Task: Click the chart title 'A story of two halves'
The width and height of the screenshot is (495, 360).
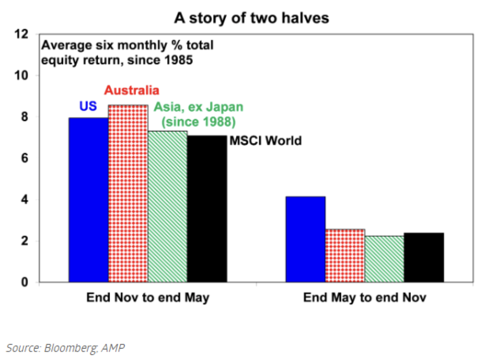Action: coord(252,18)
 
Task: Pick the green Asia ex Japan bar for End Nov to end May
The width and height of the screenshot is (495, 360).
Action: coord(168,206)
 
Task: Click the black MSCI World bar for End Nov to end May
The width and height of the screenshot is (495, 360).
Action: coord(207,209)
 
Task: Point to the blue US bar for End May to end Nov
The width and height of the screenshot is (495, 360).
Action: coord(306,239)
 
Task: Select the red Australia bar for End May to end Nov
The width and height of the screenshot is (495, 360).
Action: coord(345,255)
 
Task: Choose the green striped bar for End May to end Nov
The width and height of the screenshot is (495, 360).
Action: coord(384,259)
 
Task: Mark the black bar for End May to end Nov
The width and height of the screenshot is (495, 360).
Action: coord(424,257)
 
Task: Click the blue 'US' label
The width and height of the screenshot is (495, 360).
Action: coord(88,107)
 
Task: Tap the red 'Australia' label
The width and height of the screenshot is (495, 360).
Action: coord(132,90)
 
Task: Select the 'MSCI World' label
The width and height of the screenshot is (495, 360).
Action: coord(265,140)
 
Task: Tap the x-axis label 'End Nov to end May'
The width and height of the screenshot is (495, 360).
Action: coord(148,297)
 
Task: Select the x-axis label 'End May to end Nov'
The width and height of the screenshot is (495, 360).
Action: coord(364,297)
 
